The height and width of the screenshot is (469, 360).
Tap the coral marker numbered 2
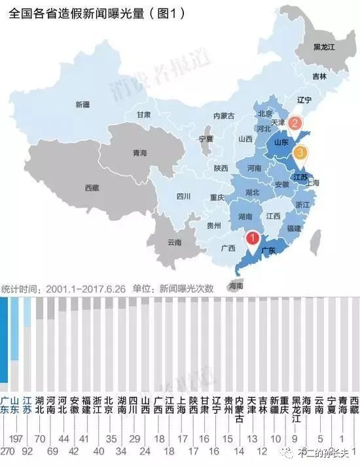[x=295, y=122]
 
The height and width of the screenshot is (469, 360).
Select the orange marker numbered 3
[x=300, y=153]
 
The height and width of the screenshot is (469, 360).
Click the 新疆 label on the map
[x=82, y=105]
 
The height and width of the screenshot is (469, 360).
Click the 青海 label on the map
[x=139, y=153]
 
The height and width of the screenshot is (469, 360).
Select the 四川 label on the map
[x=183, y=196]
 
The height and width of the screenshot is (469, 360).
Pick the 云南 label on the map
[x=174, y=242]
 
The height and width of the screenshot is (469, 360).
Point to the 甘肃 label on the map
[x=144, y=115]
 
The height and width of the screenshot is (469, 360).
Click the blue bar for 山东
[x=14, y=328]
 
